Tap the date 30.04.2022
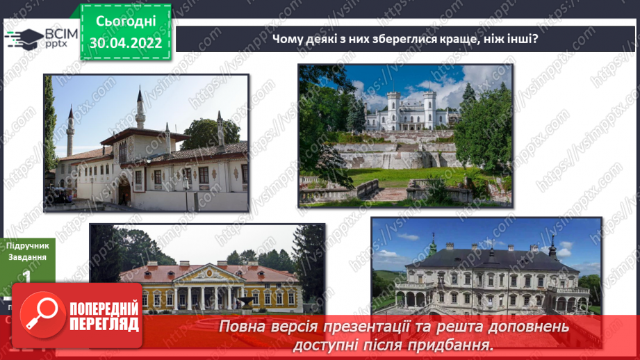(126, 43)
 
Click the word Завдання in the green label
(28, 257)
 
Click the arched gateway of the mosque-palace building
(125, 191)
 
